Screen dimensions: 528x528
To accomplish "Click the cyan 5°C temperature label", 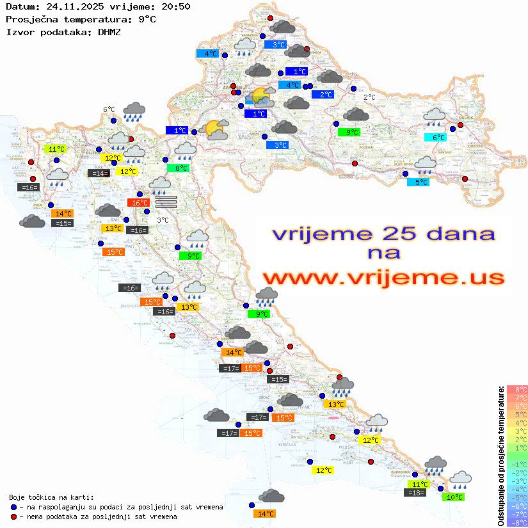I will tap(418, 182).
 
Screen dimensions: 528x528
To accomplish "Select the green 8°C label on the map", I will tap(177, 168).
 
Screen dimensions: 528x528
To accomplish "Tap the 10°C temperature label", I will tap(454, 497).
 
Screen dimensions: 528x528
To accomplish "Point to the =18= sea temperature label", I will tap(415, 492).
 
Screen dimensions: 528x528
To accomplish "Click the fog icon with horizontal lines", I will tap(166, 202).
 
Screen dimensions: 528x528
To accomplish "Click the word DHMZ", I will tap(109, 31).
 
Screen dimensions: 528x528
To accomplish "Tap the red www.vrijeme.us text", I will tap(383, 278).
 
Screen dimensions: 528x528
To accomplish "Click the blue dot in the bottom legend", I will tap(14, 507).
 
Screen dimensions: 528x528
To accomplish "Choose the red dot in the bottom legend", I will tap(14, 516).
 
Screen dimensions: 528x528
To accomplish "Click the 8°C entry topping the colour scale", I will tap(516, 389).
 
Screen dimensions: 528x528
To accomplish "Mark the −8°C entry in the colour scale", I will tap(516, 522).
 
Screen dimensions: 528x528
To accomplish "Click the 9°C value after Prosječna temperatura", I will tap(147, 19).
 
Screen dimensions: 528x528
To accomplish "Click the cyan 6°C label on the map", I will tap(435, 137).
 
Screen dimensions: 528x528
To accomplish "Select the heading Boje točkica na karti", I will tap(51, 497).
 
